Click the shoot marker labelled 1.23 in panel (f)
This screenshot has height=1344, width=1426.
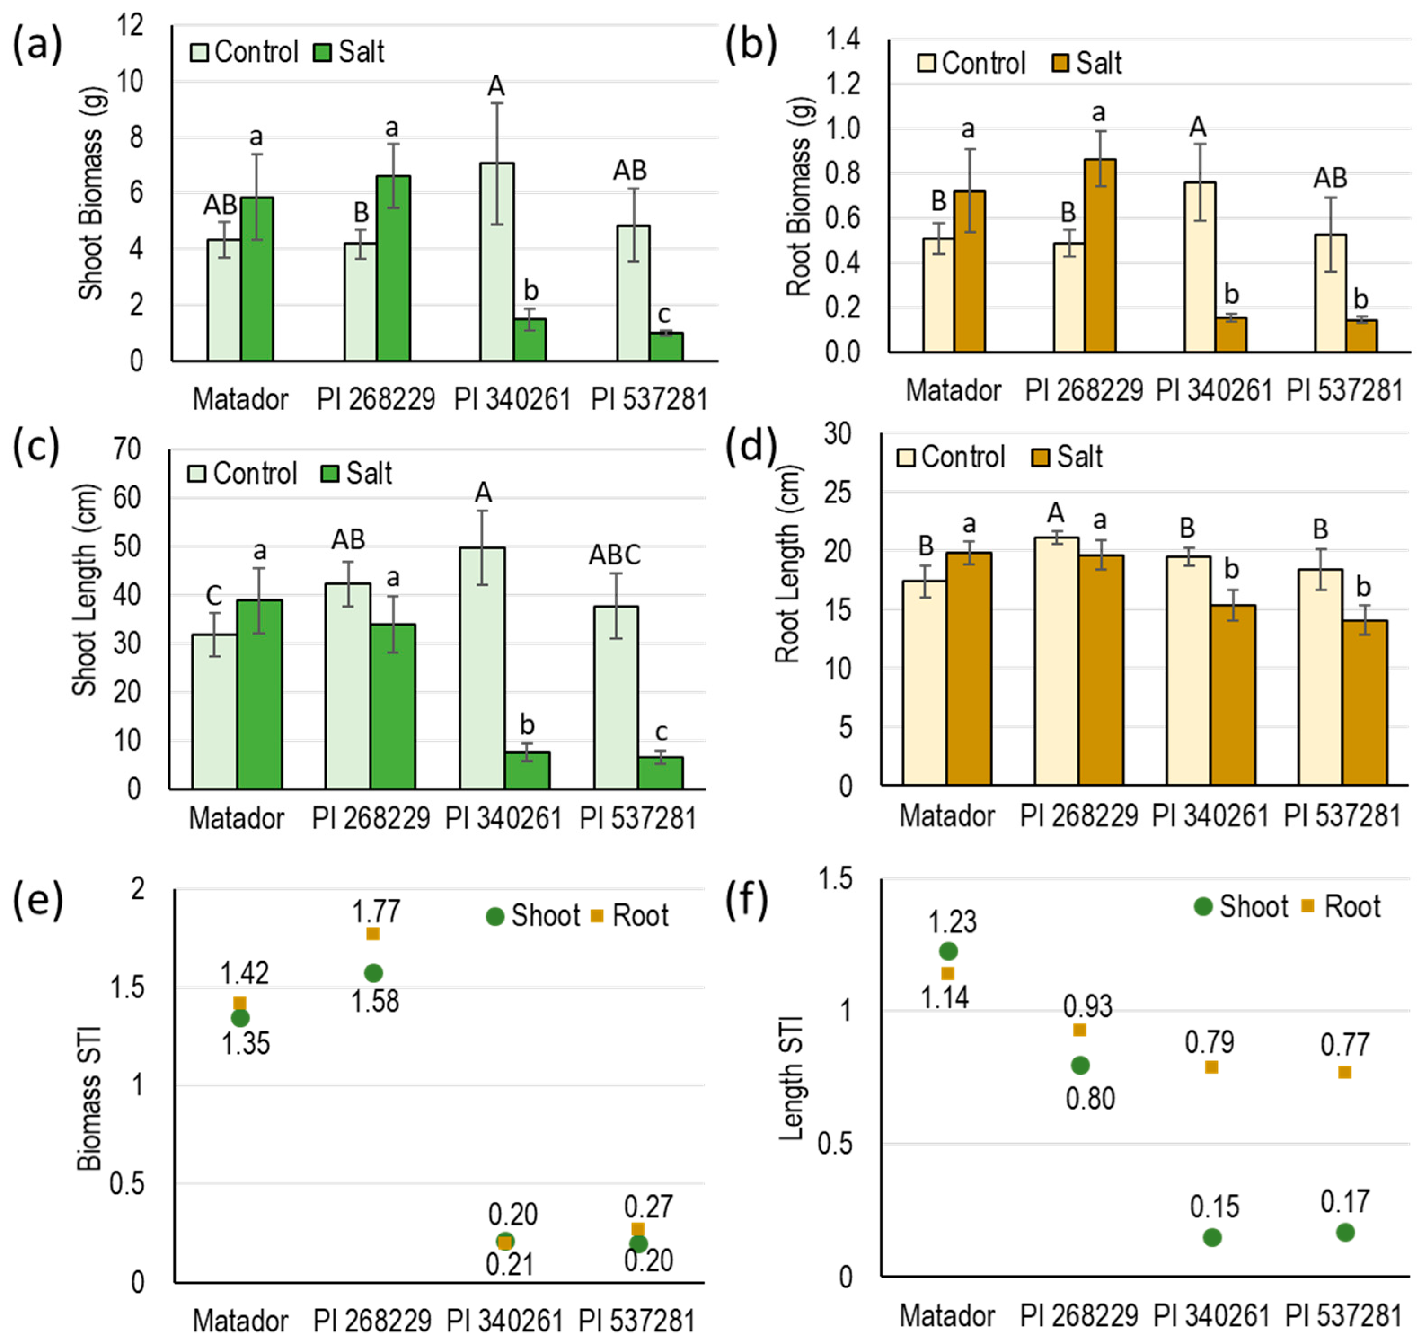948,951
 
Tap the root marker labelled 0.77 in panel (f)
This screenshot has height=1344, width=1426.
1344,1072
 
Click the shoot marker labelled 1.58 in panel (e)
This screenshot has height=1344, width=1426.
373,973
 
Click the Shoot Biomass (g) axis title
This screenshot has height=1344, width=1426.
92,194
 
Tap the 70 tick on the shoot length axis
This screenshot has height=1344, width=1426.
128,449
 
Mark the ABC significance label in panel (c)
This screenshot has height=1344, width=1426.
615,555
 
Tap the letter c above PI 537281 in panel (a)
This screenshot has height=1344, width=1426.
664,314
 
